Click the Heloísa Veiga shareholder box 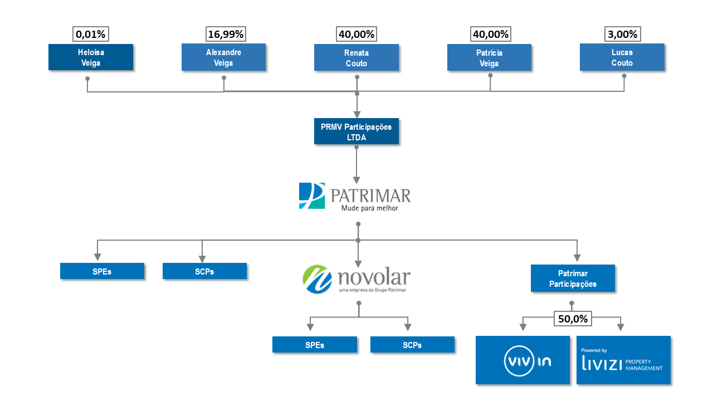pyautogui.click(x=91, y=57)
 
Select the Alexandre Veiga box pyautogui.click(x=223, y=57)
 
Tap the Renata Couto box pyautogui.click(x=356, y=57)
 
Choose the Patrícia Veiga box pyautogui.click(x=489, y=57)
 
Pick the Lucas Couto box pyautogui.click(x=622, y=57)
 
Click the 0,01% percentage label pyautogui.click(x=91, y=35)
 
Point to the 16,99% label pyautogui.click(x=226, y=35)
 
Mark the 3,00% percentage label pyautogui.click(x=622, y=35)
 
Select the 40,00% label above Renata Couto pyautogui.click(x=356, y=35)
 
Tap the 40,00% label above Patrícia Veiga pyautogui.click(x=490, y=35)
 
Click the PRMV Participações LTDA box pyautogui.click(x=356, y=132)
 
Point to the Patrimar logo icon pyautogui.click(x=311, y=195)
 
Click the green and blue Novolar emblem pyautogui.click(x=318, y=279)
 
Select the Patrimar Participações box pyautogui.click(x=573, y=278)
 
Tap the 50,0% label pyautogui.click(x=572, y=319)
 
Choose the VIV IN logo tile pyautogui.click(x=522, y=360)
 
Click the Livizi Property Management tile pyautogui.click(x=623, y=360)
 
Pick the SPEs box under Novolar pyautogui.click(x=314, y=345)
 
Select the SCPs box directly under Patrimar pyautogui.click(x=204, y=271)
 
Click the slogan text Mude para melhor pyautogui.click(x=369, y=209)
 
